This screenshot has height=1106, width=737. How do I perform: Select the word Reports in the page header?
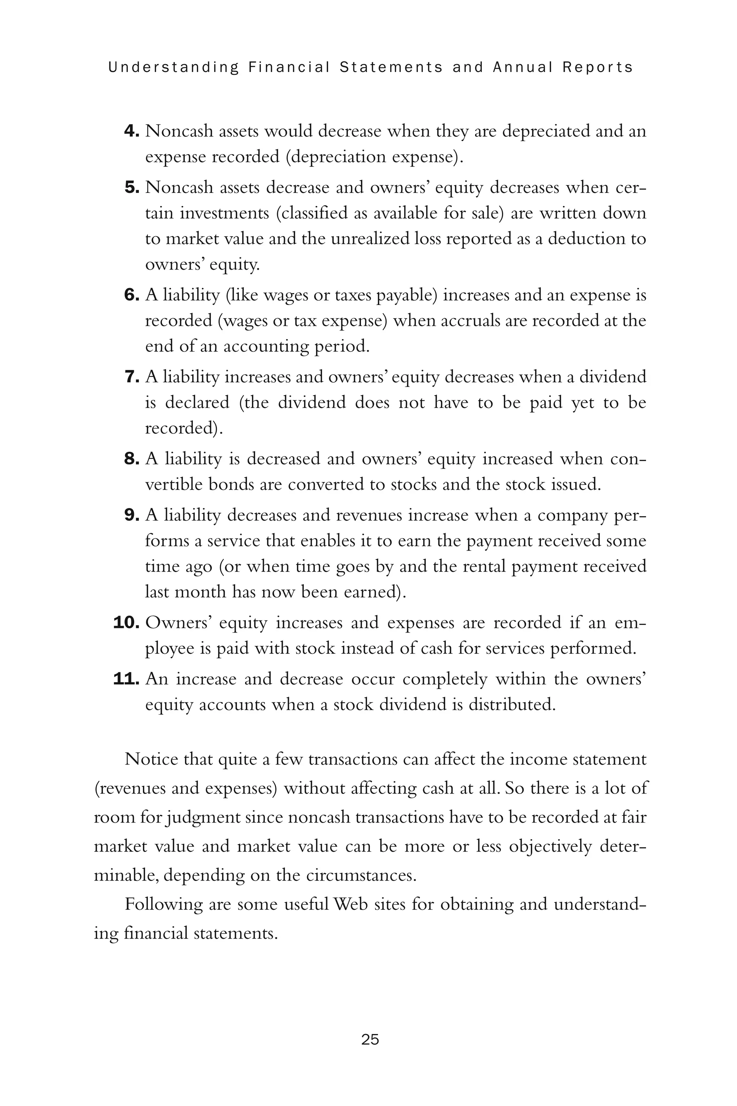597,67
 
